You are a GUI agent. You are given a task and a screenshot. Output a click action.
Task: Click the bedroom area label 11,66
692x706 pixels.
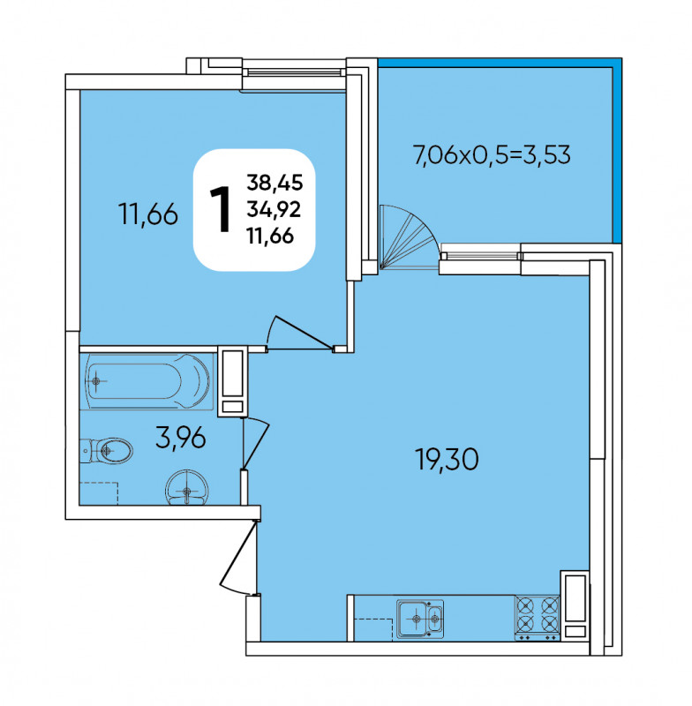tap(148, 214)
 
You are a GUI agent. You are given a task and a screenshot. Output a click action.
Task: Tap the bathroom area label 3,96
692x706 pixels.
tap(181, 438)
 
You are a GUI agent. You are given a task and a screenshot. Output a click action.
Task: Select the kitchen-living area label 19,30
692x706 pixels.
tap(447, 460)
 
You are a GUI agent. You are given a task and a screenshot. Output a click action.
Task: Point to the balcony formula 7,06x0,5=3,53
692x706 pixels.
tap(492, 155)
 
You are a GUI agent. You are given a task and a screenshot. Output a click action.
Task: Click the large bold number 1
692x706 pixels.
tap(221, 210)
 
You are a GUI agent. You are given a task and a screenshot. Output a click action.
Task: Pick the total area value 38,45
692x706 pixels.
tap(275, 183)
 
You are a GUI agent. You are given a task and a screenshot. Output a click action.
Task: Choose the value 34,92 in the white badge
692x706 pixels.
tap(274, 209)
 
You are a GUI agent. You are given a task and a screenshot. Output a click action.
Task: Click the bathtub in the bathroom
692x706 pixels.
tap(147, 381)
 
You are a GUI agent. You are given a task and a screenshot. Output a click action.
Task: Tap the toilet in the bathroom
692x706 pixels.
tap(106, 450)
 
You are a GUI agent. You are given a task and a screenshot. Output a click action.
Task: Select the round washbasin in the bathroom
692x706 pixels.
tap(187, 487)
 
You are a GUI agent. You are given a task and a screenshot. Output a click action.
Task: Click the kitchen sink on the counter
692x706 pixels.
tap(419, 619)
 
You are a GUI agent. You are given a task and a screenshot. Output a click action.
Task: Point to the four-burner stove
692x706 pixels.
tap(538, 618)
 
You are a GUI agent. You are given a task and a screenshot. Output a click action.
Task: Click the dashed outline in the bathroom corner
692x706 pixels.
tap(99, 493)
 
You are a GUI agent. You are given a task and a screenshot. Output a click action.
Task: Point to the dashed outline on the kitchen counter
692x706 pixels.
tap(373, 629)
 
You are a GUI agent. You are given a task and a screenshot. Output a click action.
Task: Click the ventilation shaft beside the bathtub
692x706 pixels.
tap(232, 382)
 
